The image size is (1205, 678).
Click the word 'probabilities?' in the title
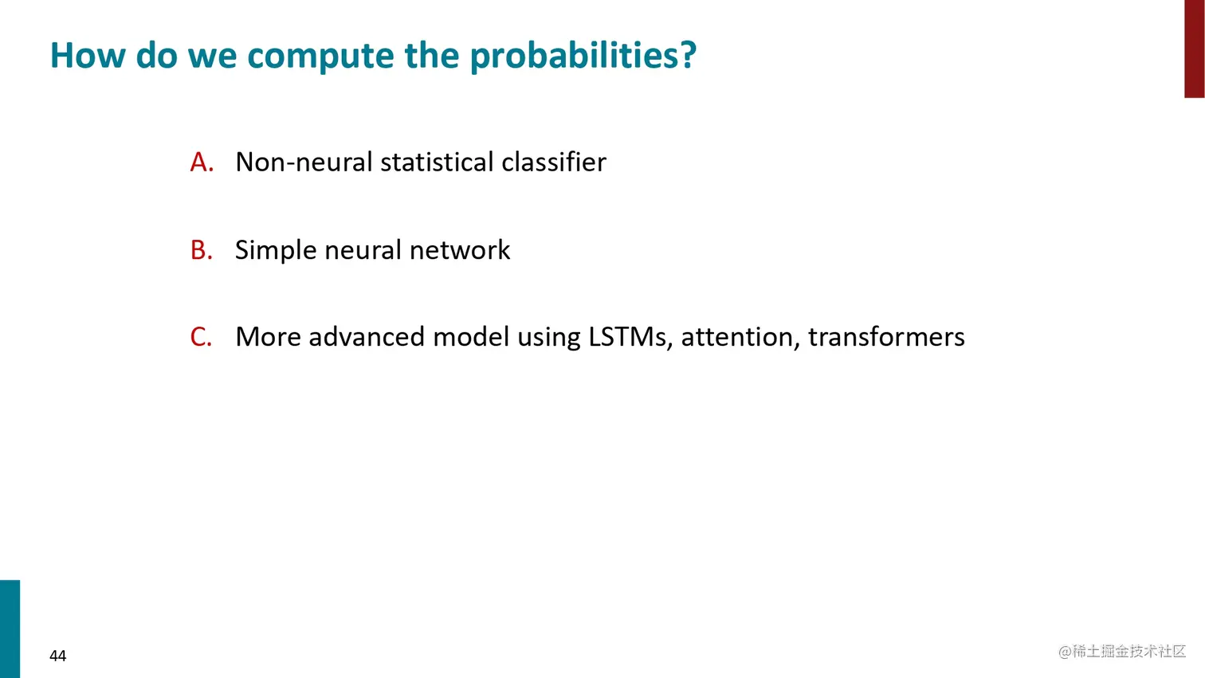click(583, 56)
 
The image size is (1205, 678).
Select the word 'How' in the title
click(87, 56)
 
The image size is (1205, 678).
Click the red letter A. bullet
click(202, 162)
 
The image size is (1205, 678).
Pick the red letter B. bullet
click(201, 250)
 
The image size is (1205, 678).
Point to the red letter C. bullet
click(201, 337)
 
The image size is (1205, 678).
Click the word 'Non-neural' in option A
click(304, 162)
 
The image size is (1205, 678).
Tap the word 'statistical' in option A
click(437, 162)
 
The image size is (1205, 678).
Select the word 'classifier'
click(554, 162)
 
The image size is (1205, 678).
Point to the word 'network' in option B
click(459, 250)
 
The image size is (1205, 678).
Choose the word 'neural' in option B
click(363, 250)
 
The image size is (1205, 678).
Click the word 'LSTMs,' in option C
click(630, 338)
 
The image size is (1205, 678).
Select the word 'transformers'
click(886, 337)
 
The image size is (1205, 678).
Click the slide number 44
click(57, 656)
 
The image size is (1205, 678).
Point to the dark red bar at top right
click(1194, 49)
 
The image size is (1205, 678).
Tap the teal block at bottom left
click(10, 629)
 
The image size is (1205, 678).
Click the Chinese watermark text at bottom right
click(1122, 651)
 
